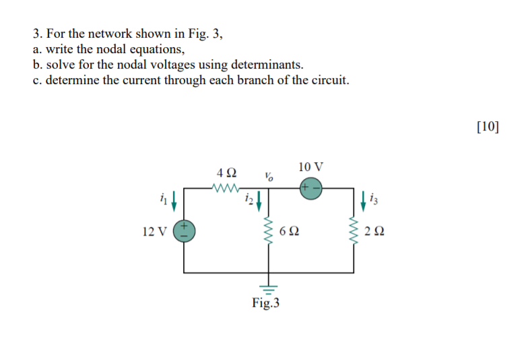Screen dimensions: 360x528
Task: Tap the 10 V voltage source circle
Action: tap(310, 188)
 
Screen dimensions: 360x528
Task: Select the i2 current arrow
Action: tap(259, 199)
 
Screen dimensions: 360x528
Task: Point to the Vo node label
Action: tap(269, 178)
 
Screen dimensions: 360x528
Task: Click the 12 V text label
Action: tap(155, 232)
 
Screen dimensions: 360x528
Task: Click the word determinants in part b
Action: tap(267, 65)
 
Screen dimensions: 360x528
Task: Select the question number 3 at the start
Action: tap(36, 34)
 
